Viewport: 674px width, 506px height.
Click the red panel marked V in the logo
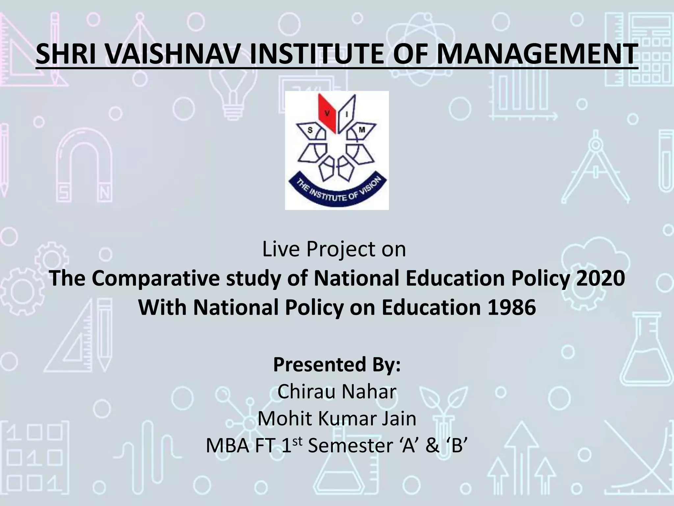pos(327,114)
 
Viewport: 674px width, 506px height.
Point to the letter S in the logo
pos(310,130)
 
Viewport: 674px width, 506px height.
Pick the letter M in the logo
pos(362,130)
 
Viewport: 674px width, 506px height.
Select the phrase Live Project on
pos(334,249)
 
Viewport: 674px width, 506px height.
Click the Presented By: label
pos(337,364)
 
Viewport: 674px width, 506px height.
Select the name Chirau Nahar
pos(337,392)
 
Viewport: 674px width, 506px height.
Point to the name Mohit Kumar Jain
pos(337,419)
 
